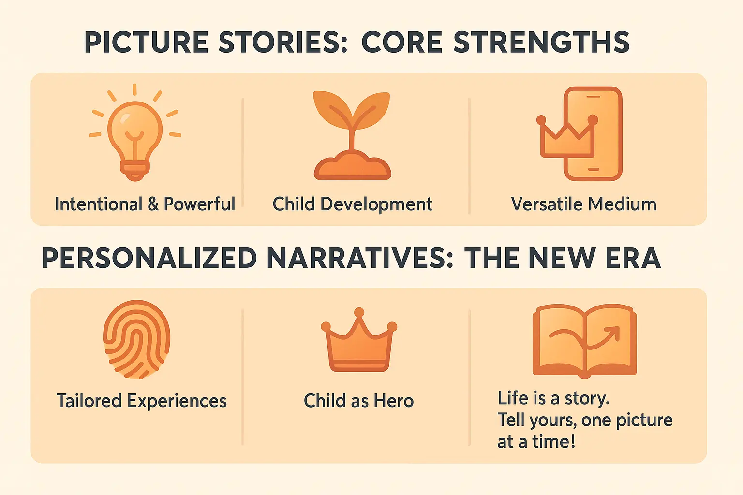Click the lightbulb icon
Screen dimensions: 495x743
coord(135,138)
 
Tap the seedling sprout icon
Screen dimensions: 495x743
coord(352,135)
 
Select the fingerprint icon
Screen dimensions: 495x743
coord(137,339)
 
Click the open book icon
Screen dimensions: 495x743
coord(584,340)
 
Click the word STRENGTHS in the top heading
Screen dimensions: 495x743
coord(542,42)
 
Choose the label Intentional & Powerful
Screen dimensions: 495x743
coord(145,204)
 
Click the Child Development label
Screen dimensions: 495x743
coord(352,204)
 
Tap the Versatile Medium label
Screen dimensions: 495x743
coord(584,204)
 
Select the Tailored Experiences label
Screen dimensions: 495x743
coord(142,401)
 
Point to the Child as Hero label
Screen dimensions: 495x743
coord(358,401)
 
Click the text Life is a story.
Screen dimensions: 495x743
coord(553,398)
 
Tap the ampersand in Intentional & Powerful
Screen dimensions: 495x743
coord(153,204)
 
